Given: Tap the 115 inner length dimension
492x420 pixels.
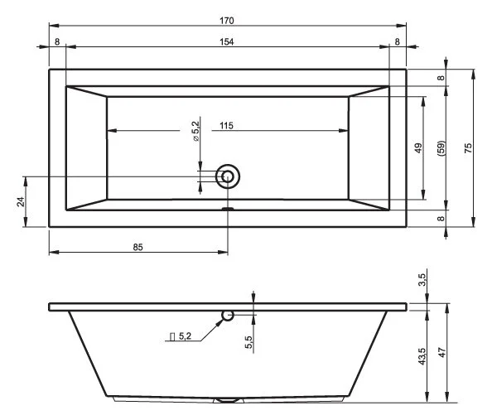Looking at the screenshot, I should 226,125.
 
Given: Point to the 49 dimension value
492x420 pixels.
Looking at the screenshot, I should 419,148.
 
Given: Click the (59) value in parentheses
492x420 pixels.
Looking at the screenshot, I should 441,148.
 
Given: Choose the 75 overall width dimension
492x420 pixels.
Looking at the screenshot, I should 468,148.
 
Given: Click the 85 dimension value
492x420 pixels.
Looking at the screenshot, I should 138,247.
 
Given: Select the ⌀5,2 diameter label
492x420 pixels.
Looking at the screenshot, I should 196,131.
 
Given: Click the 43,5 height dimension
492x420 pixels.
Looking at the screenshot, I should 422,355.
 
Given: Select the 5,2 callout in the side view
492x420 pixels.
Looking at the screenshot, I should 181,336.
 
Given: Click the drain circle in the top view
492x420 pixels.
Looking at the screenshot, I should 228,176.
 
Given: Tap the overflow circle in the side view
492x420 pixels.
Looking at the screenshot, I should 228,315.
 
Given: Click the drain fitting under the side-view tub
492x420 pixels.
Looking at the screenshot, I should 228,400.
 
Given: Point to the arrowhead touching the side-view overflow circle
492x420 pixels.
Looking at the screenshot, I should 219,321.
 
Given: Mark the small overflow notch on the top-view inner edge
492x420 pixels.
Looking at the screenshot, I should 228,208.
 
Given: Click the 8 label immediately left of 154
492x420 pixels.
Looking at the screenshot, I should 56,41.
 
